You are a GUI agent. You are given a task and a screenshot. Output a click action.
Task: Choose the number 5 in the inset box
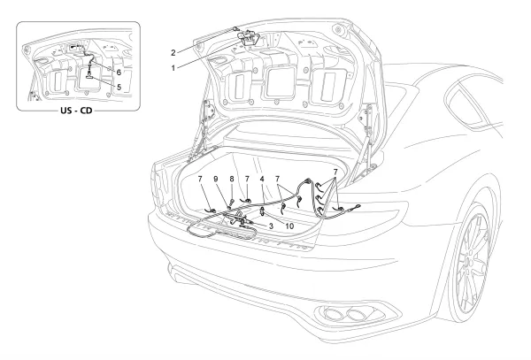tap(118, 87)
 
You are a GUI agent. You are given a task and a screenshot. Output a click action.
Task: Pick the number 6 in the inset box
tap(118, 70)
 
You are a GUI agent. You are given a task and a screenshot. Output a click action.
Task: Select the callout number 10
tap(289, 226)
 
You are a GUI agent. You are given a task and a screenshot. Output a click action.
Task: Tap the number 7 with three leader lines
tap(335, 169)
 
